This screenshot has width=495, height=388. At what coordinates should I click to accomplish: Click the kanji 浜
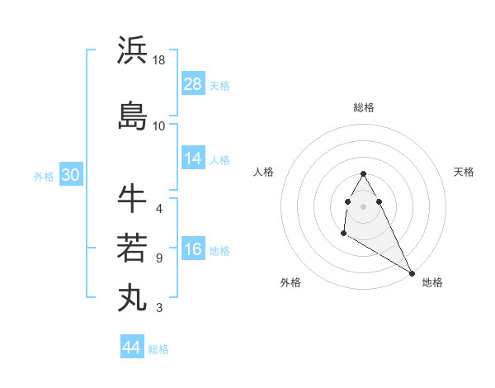point(132,50)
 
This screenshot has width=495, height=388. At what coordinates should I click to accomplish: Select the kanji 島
point(132,116)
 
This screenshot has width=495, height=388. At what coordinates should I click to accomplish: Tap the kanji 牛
point(132,198)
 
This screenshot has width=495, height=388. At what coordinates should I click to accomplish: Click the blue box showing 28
point(193,83)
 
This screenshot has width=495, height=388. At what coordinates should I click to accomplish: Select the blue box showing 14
point(193,159)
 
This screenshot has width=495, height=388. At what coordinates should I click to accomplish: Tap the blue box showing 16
point(193,250)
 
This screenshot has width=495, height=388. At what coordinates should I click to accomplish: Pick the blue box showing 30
point(70,175)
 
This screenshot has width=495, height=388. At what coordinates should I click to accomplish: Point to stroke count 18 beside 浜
point(160,60)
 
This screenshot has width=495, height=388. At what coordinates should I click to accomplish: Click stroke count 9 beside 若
point(159,258)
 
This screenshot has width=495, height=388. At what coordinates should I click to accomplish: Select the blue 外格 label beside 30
point(44,176)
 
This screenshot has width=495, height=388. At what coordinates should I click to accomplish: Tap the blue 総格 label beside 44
point(158,349)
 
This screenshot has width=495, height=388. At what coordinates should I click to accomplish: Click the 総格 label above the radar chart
point(364,107)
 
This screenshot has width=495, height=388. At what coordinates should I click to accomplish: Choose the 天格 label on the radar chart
point(464,172)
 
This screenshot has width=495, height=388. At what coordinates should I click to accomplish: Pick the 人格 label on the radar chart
point(263,172)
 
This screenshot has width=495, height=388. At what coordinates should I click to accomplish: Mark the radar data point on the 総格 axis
point(363,174)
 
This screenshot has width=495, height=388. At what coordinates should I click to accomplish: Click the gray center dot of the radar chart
point(363,206)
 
